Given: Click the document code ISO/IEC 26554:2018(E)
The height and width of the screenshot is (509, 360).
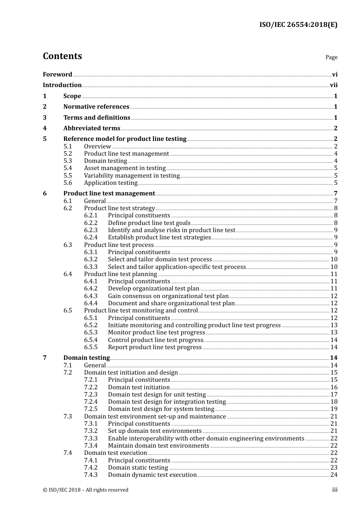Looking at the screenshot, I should tap(298, 25).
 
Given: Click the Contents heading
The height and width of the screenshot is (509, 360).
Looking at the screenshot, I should tap(62, 56).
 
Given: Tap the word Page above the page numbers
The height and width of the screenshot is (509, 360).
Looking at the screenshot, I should tap(331, 57).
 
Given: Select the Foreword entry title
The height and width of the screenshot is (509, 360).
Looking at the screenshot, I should tap(57, 75).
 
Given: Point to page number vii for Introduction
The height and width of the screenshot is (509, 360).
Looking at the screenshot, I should tap(333, 85).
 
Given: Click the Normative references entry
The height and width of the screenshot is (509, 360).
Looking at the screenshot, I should tap(96, 107).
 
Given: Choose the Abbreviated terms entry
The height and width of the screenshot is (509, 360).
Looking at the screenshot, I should tap(92, 128).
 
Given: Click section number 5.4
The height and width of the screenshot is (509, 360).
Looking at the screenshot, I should tap(67, 168).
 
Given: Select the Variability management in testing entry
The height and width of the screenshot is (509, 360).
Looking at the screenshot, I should tap(131, 176).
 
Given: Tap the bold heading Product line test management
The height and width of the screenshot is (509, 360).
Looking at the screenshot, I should tap(109, 194).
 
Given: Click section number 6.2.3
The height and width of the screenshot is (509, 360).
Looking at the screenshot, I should tap(91, 230).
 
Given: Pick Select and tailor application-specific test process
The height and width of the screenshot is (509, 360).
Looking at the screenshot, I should tap(177, 267).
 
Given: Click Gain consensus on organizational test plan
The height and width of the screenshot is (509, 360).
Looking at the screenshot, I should tap(168, 296).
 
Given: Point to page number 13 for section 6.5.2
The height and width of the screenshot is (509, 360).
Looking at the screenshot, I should tap(334, 325).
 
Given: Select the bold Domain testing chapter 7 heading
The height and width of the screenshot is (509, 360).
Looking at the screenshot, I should tap(86, 358).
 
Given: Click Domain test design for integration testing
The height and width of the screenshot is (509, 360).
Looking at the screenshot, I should tap(167, 402).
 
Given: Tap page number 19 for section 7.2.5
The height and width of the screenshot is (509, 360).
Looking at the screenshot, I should tap(334, 409).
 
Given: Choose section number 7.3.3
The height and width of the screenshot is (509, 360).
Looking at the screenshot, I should tap(91, 439).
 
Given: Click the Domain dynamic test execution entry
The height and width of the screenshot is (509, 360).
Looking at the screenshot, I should tap(152, 475).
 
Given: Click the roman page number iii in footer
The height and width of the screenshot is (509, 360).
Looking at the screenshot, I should tap(335, 490).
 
